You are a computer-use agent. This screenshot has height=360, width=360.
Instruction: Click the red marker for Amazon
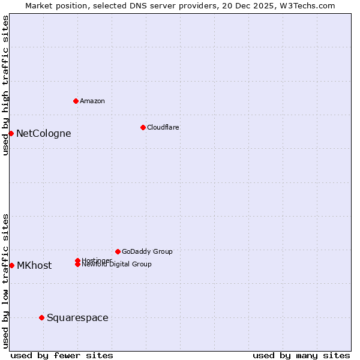click(76, 101)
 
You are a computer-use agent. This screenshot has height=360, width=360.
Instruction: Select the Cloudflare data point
click(143, 127)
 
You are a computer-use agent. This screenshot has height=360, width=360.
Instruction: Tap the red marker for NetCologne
click(11, 133)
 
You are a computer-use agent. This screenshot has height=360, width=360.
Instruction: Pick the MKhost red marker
click(11, 265)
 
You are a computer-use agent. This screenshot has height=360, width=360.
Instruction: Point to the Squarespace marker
click(41, 317)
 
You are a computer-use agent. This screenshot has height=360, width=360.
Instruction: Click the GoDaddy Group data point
click(118, 251)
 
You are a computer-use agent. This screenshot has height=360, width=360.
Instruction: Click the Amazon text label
click(92, 101)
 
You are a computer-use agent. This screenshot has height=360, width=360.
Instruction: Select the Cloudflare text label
click(163, 127)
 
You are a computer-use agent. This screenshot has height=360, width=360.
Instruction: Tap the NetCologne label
click(43, 133)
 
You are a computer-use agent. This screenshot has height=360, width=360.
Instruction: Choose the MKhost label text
click(34, 265)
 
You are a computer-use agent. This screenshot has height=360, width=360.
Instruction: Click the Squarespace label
click(77, 317)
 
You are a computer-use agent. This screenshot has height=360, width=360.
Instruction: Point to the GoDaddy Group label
click(147, 251)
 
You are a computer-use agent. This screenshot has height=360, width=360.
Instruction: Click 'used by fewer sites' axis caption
click(62, 355)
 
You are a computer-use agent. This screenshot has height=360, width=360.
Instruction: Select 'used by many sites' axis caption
click(301, 355)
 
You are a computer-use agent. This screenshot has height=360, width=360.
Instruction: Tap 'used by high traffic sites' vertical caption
click(5, 85)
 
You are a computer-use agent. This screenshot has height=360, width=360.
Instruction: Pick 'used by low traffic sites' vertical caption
click(5, 280)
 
